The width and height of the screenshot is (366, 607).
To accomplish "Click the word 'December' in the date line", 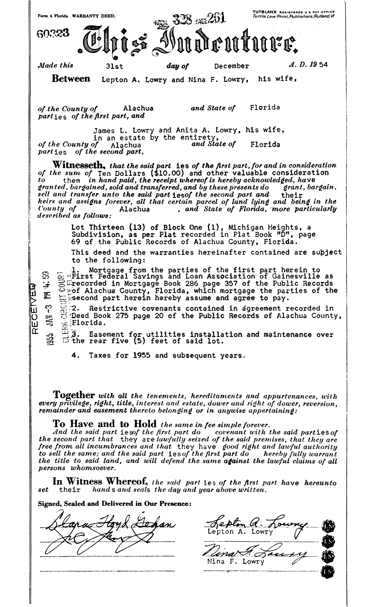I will [x=231, y=66].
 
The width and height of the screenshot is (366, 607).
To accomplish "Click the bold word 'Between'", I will [x=71, y=79].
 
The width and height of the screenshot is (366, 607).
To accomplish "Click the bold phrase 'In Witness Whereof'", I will [x=100, y=482].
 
